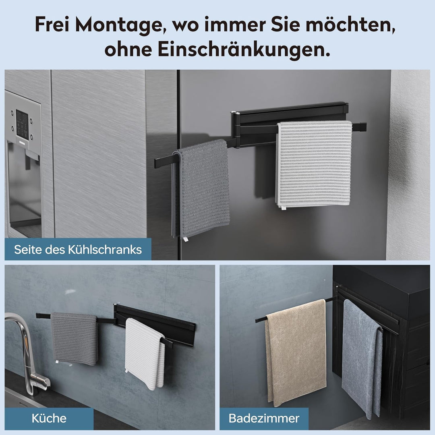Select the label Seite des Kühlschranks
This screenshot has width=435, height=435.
click(78, 249)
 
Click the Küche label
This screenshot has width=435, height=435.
click(49, 418)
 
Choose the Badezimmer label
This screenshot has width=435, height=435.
click(264, 418)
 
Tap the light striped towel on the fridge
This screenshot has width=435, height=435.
click(314, 164)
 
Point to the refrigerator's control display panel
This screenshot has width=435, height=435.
click(22, 124)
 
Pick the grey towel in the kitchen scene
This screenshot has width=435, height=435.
click(75, 338)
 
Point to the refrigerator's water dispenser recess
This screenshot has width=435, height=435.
click(24, 188)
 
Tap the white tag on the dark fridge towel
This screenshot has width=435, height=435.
click(185, 239)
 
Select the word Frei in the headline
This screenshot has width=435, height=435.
click(52, 25)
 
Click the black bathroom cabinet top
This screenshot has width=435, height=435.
click(383, 283)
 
